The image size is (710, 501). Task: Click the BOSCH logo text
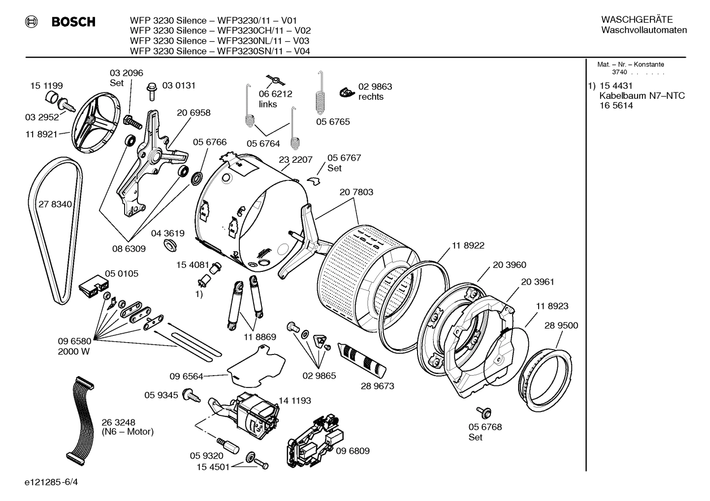point(73,22)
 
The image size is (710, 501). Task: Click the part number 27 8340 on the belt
point(55,205)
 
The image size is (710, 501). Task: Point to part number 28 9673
point(377,386)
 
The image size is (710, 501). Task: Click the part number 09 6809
point(353,451)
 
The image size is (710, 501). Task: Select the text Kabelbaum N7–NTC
point(642,96)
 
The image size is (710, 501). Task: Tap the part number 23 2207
point(295,160)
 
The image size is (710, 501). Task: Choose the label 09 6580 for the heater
point(74,341)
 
